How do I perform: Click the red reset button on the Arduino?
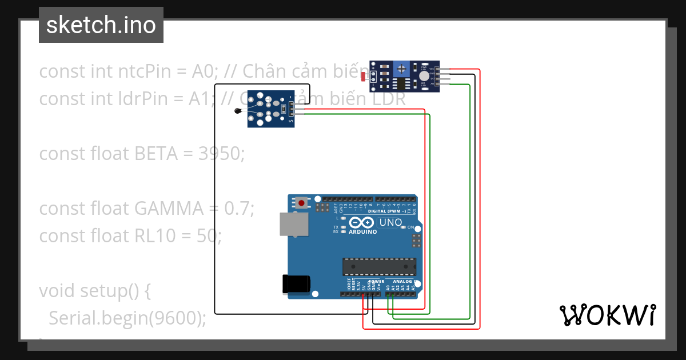pos(301,202)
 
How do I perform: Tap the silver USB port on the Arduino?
pos(294,224)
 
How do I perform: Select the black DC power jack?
pos(296,284)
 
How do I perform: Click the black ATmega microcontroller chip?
pos(378,266)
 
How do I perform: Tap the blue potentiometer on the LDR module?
pos(403,69)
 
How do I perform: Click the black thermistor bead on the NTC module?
pos(238,111)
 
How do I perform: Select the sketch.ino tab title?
pos(101,25)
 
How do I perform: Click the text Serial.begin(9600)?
pos(127,318)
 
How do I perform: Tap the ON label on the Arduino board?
pos(410,227)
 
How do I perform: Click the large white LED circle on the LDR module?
pos(424,76)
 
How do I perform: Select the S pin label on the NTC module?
pos(291,121)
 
